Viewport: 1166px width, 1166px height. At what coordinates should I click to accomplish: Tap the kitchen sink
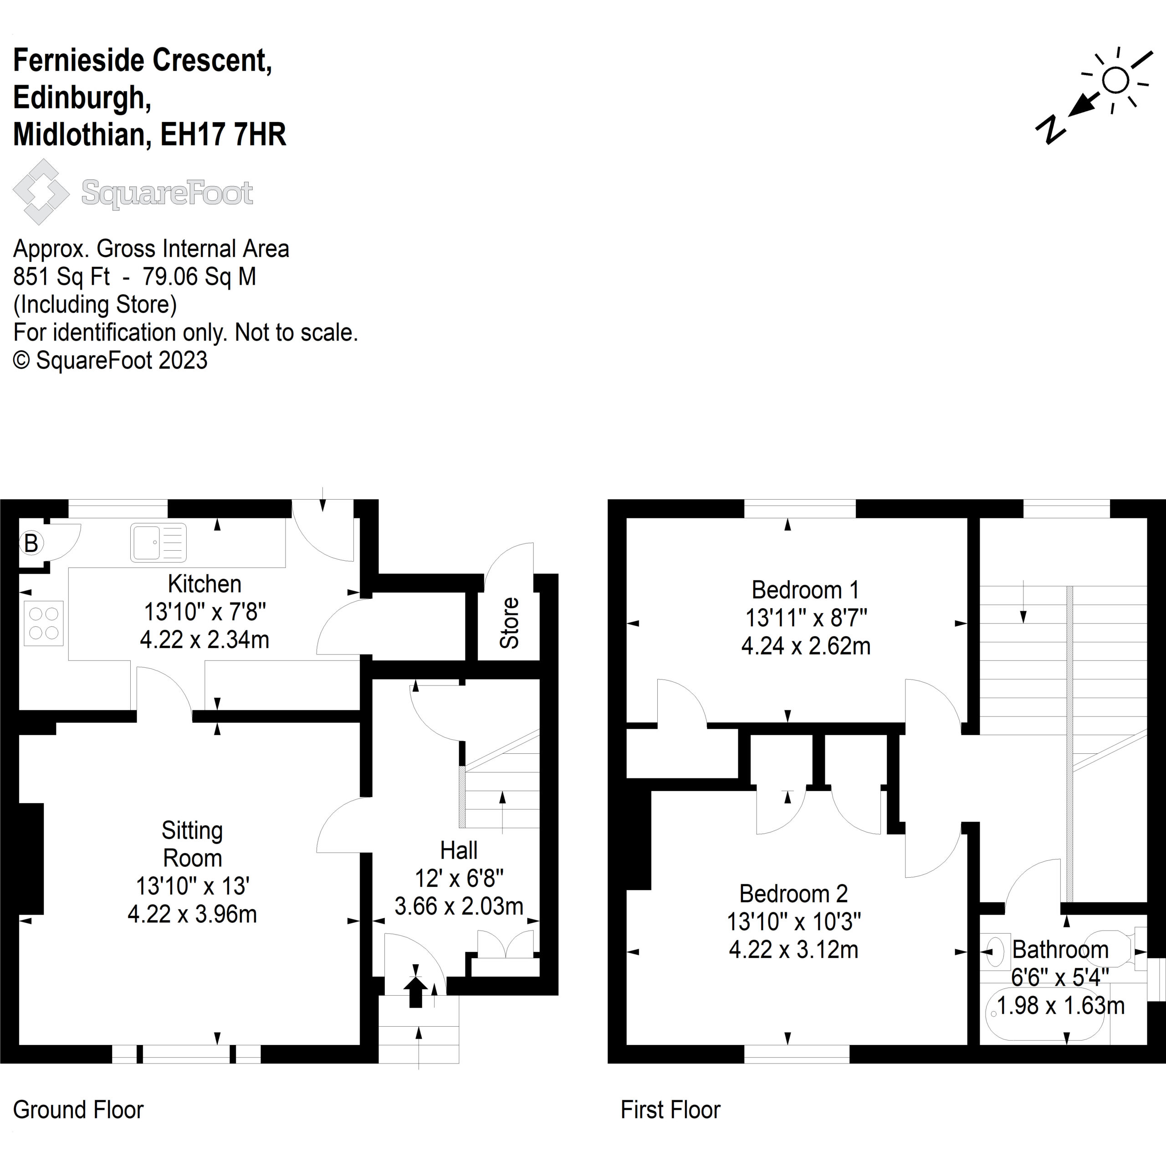(x=158, y=542)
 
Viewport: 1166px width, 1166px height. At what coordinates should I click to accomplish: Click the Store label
(x=509, y=623)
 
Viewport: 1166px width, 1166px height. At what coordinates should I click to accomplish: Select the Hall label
(x=459, y=850)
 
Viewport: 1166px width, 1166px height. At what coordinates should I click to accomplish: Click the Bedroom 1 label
(x=805, y=590)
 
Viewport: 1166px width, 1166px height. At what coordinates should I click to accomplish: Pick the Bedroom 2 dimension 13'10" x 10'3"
(x=793, y=921)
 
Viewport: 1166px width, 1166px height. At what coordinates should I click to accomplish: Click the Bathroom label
(x=1060, y=949)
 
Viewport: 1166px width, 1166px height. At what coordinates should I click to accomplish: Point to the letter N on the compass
(x=1051, y=128)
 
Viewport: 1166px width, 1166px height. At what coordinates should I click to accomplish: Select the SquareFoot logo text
(x=167, y=193)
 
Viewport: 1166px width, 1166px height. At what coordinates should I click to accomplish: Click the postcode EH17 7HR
(x=223, y=134)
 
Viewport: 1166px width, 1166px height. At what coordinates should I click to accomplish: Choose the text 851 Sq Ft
(x=61, y=276)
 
